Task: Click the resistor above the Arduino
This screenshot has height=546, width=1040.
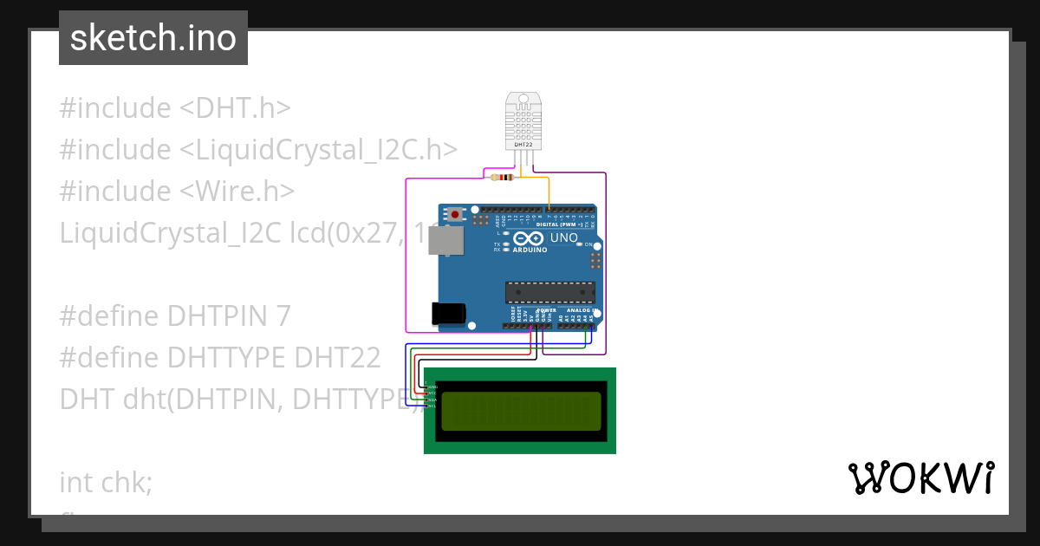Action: (x=502, y=179)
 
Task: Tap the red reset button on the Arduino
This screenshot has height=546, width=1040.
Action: (x=453, y=212)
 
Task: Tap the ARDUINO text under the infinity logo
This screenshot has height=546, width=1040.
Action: (x=530, y=250)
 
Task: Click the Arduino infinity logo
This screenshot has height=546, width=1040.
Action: (x=528, y=237)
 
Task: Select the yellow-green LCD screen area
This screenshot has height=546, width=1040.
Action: (x=521, y=412)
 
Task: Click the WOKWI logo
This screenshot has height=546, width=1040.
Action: (x=920, y=478)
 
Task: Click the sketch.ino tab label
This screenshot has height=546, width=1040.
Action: (x=153, y=38)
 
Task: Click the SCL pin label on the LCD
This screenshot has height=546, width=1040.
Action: (x=432, y=406)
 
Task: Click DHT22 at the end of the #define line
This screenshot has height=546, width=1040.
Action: (x=337, y=358)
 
